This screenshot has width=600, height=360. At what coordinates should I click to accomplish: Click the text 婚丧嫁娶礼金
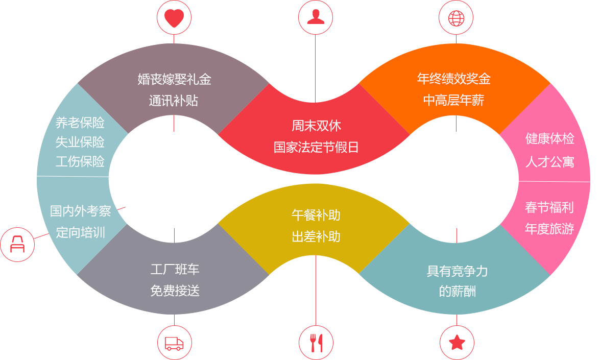coord(174,79)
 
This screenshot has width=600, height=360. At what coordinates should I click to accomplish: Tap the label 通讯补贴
coord(174,101)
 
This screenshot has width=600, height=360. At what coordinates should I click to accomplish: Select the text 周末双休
coord(316,126)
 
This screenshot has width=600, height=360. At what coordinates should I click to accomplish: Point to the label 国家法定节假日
coord(316,148)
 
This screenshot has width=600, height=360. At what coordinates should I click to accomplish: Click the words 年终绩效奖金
coord(454,79)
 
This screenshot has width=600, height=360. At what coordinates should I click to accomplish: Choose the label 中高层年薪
coord(454,101)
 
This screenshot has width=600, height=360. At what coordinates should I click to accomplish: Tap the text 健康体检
coord(549,138)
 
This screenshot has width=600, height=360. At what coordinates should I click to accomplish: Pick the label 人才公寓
coord(549,162)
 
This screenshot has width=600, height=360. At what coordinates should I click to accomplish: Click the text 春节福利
coord(549,207)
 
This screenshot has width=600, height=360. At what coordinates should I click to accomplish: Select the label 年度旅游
coord(549,229)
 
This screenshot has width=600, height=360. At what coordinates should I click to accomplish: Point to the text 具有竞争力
coord(457,271)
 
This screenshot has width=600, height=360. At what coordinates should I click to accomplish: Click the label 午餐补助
coord(316,215)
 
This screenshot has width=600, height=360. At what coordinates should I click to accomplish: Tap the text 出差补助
coord(316,237)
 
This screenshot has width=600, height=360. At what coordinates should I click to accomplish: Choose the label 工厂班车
coord(175,269)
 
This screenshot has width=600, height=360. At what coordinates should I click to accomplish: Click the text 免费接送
coord(175,291)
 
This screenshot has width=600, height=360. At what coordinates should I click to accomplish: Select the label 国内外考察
coord(80,211)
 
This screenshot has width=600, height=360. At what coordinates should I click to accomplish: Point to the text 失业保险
coord(80,142)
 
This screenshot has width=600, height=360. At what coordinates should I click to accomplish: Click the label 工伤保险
coord(80,162)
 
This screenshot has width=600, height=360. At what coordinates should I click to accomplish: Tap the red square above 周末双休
coord(315,17)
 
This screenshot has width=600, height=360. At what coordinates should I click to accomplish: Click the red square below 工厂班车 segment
coord(174,342)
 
